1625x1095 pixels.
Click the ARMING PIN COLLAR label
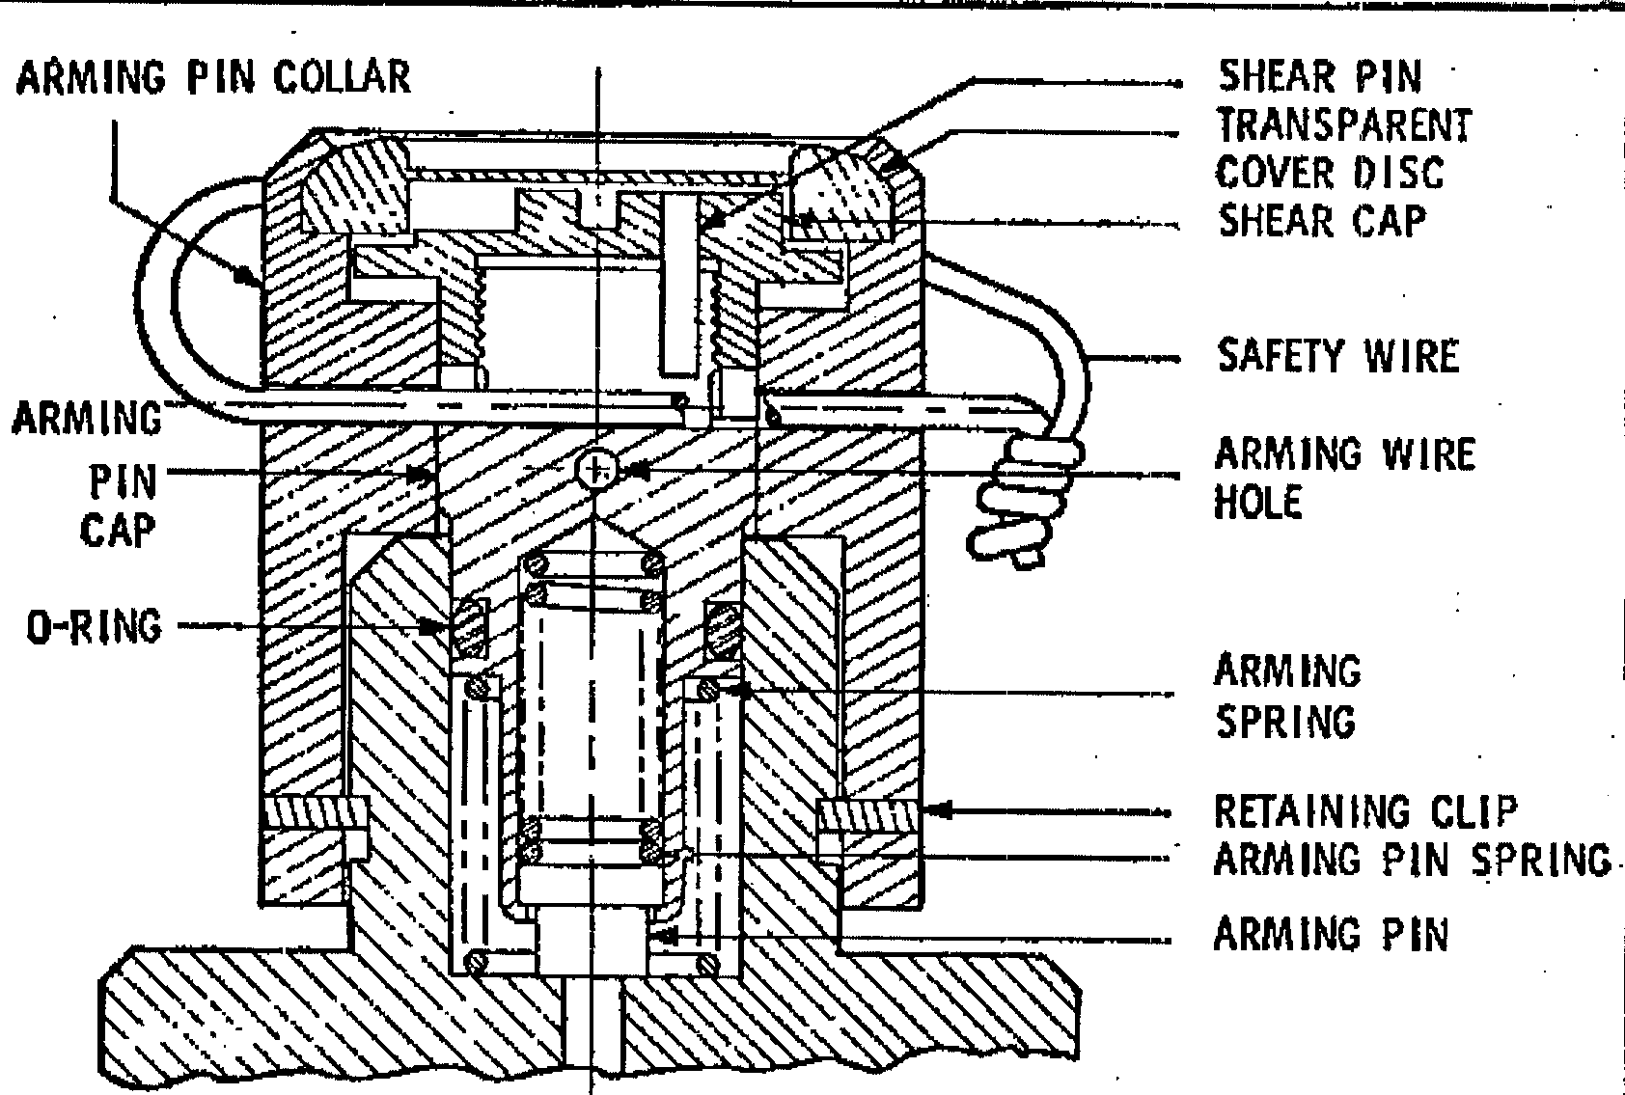(214, 77)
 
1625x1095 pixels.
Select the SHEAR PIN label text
(1320, 76)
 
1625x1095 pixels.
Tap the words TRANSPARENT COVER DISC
(1343, 149)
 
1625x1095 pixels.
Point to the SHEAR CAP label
(1322, 221)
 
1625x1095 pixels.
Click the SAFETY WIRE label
(1337, 355)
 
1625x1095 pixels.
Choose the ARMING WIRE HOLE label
(1345, 478)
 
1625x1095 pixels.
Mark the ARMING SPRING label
(1287, 697)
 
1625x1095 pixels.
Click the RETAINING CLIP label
(1366, 810)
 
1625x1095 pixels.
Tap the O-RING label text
(95, 627)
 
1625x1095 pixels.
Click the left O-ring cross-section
(470, 628)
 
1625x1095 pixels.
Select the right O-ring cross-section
(724, 629)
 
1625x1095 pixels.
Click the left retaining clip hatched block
(316, 812)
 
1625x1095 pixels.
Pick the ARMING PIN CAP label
(87, 475)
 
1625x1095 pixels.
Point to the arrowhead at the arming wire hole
(636, 472)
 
